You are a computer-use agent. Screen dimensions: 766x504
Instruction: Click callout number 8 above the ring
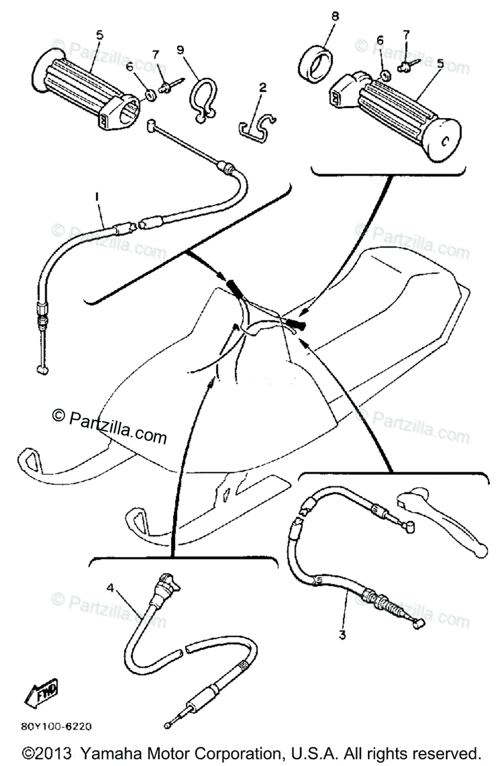318,15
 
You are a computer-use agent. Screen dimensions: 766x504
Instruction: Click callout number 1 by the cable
97,199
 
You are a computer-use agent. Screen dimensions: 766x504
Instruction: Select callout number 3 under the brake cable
342,635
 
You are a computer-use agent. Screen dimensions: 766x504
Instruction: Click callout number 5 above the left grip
98,35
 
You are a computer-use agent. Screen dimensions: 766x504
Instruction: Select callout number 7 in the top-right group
406,33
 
